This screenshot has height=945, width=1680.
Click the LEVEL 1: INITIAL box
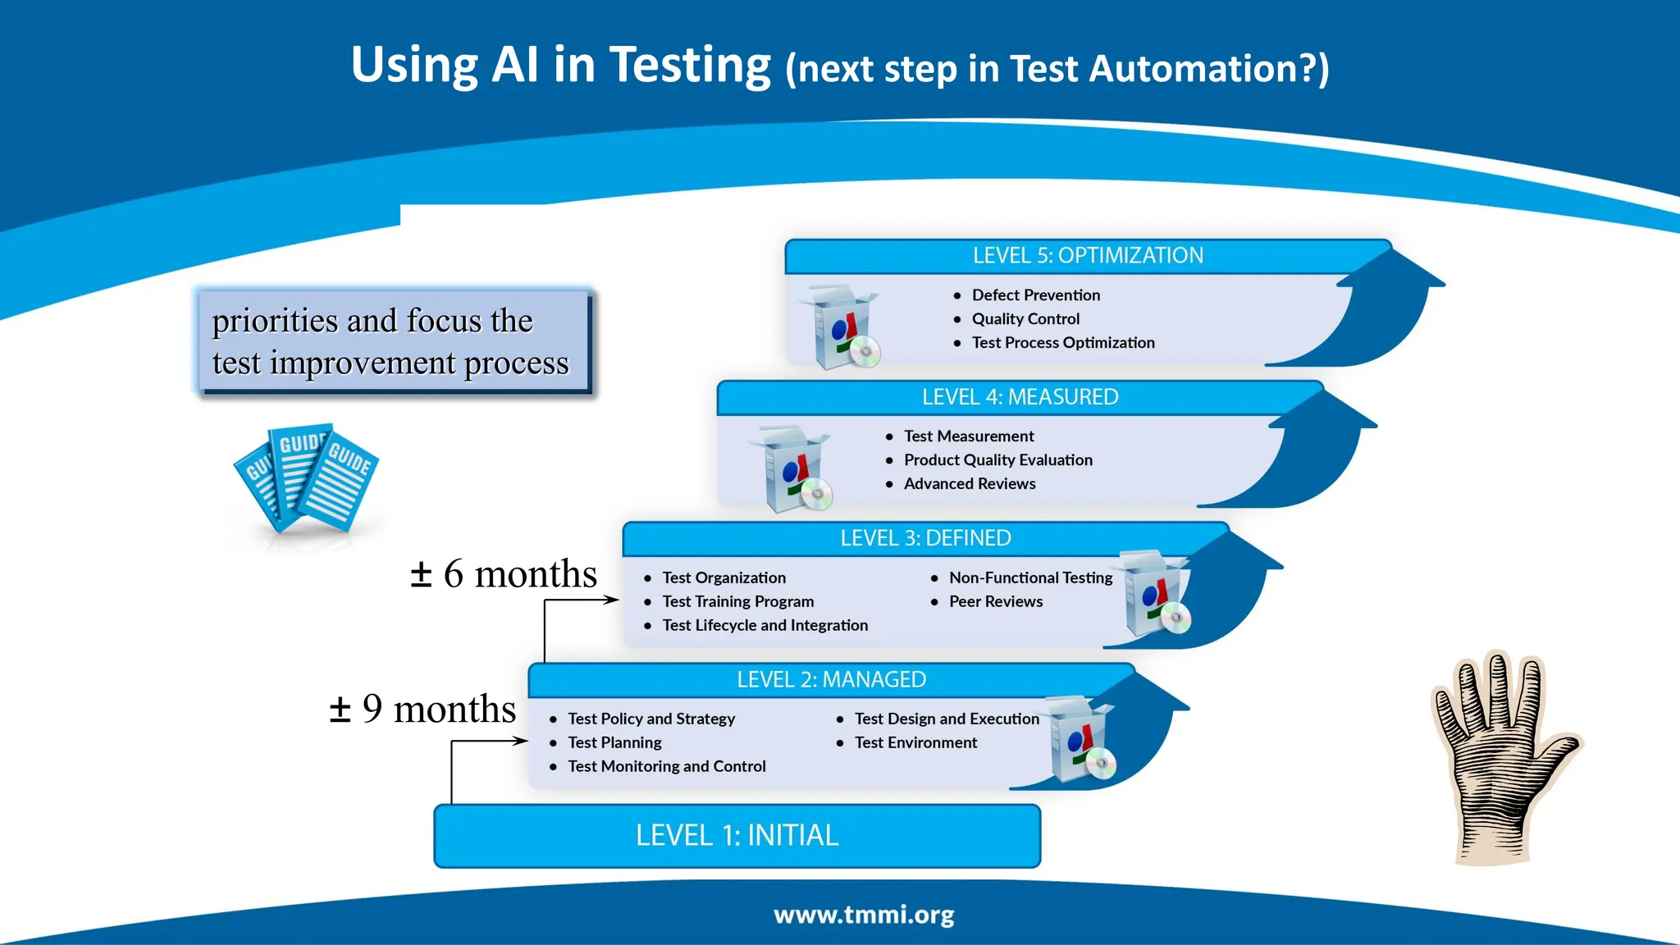coord(737,835)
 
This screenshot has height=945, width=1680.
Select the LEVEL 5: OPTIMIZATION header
coord(1088,256)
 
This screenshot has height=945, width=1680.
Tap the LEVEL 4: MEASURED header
coord(1020,397)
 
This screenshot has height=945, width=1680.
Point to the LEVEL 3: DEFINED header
coord(925,538)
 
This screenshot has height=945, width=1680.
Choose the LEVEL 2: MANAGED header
coord(831,679)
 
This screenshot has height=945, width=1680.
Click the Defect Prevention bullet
coord(1035,295)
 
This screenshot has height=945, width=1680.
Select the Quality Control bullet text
coord(1025,319)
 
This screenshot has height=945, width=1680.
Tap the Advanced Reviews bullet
coord(969,484)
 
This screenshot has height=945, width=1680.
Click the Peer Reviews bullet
coord(995,602)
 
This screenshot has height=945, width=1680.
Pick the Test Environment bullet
coord(915,743)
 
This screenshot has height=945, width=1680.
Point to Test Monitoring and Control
coord(666,767)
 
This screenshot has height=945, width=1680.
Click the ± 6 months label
coord(504,574)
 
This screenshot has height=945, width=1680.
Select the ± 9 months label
coord(422,709)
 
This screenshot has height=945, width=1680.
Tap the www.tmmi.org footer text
coord(864,915)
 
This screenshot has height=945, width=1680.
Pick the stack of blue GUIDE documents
coord(306,478)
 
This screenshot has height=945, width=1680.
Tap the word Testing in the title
coord(690,65)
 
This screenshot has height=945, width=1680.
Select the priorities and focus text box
coord(392,341)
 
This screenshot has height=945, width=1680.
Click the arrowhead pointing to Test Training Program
coord(611,600)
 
